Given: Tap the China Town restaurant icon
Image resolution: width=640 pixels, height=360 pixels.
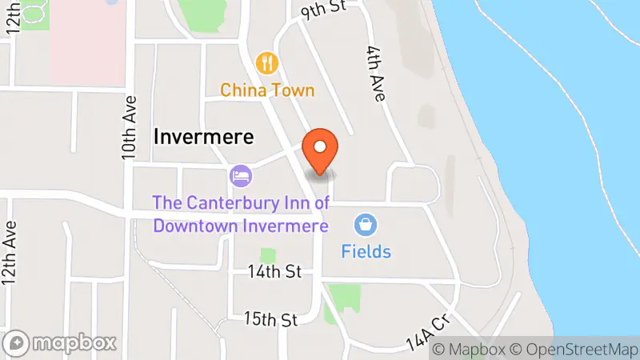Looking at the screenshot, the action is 267,62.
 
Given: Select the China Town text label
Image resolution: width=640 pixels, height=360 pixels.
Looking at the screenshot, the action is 268,90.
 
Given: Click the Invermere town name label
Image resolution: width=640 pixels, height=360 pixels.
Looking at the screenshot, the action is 203,137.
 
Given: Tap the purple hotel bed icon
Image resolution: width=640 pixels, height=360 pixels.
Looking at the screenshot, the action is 241,174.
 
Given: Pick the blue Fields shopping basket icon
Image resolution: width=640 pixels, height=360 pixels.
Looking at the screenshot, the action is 366,225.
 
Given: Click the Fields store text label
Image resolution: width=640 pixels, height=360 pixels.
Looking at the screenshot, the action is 366,251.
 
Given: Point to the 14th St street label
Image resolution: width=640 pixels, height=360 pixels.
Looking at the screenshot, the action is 274,272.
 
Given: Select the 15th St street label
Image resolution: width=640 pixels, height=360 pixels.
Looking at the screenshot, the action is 271,319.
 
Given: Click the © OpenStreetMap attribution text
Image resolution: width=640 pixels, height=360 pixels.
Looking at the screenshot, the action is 573,350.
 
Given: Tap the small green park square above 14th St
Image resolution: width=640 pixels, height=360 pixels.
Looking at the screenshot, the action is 268,256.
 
